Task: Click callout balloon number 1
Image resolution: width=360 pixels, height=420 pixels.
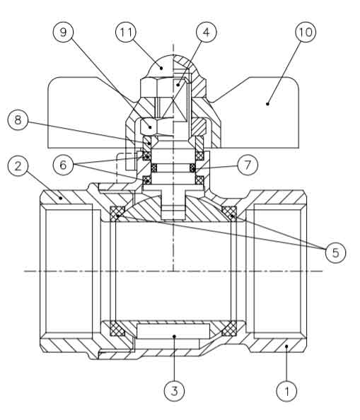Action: [286, 391]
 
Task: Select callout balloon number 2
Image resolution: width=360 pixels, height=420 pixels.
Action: [18, 166]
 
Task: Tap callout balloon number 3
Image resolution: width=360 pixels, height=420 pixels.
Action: [175, 391]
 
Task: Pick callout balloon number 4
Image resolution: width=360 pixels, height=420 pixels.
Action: [207, 32]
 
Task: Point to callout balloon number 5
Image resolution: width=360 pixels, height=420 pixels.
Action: [336, 252]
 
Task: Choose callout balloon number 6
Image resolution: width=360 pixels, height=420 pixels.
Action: [63, 165]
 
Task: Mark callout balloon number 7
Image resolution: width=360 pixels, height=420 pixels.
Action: [248, 165]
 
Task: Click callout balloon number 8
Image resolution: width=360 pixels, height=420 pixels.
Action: [18, 119]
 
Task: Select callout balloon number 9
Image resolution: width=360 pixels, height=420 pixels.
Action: [63, 32]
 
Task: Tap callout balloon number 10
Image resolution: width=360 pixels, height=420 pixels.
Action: [306, 32]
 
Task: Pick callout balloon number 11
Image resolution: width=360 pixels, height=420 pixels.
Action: [126, 32]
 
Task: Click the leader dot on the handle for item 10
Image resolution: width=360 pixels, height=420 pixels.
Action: [267, 104]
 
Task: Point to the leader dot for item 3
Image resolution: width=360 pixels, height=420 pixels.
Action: [175, 336]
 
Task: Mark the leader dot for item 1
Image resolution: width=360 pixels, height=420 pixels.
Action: [286, 346]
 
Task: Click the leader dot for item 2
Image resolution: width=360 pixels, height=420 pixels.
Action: [61, 198]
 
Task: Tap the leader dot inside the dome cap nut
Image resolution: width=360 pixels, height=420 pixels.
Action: [161, 69]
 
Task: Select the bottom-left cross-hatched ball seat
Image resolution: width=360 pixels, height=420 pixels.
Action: [117, 329]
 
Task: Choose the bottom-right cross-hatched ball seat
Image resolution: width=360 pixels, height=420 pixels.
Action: [229, 329]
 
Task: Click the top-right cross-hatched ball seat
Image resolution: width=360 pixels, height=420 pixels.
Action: [229, 214]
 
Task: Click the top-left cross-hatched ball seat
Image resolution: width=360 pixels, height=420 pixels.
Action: [117, 214]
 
